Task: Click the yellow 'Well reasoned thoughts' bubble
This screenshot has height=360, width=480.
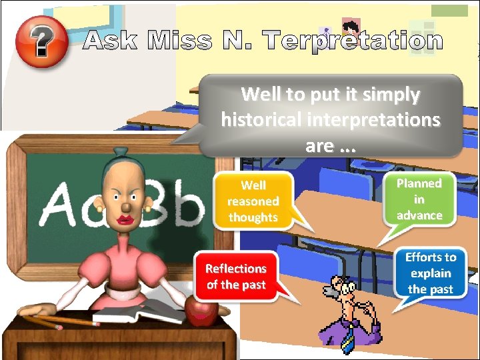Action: click(253, 201)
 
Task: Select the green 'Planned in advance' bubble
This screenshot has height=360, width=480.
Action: click(419, 199)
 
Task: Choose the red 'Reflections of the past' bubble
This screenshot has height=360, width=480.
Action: click(235, 276)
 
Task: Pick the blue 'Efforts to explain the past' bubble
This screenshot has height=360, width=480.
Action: click(430, 273)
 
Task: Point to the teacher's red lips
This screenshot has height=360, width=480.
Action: click(125, 219)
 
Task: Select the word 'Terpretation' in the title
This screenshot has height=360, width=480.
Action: click(353, 41)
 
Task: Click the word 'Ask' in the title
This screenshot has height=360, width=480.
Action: click(111, 41)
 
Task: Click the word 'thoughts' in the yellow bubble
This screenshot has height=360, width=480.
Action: click(253, 217)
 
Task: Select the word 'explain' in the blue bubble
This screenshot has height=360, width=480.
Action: click(431, 273)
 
